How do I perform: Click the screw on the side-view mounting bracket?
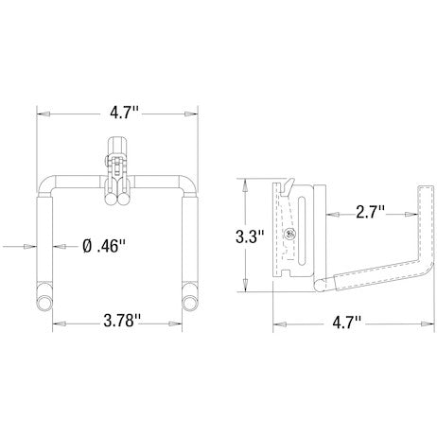290,234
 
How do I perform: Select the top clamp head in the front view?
116,147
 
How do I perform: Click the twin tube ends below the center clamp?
116,198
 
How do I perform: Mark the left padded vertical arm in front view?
43,241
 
